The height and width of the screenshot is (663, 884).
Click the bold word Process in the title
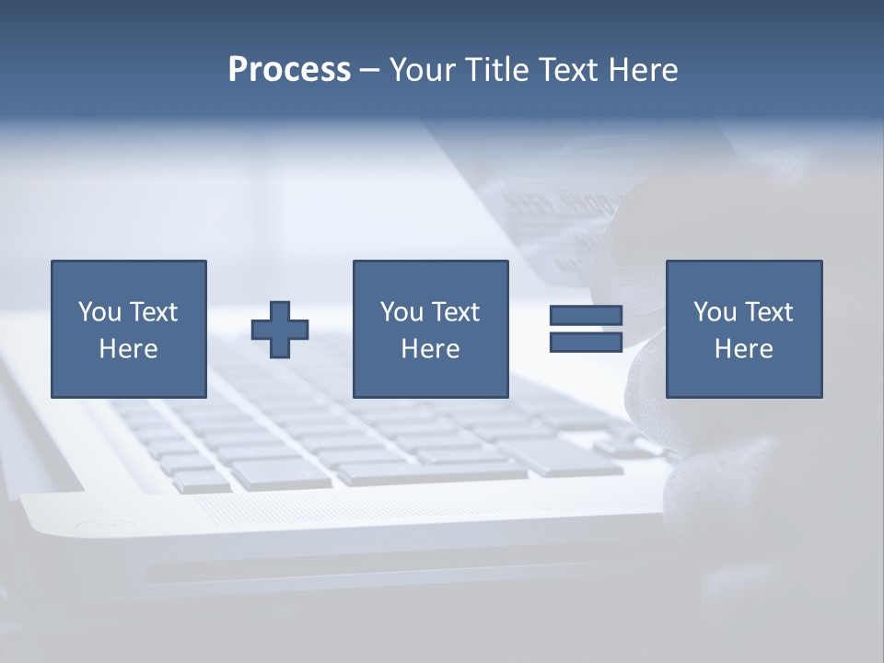tap(289, 69)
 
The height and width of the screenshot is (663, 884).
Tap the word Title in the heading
tap(496, 69)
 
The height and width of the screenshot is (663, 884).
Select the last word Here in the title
tap(644, 69)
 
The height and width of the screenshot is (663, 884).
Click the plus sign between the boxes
tap(280, 330)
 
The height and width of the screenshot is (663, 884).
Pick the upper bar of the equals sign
tap(586, 315)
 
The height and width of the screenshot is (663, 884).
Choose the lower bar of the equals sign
tap(586, 342)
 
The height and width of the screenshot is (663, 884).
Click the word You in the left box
tap(99, 312)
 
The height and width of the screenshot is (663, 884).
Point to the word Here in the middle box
tap(430, 349)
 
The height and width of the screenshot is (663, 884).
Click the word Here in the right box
tap(743, 349)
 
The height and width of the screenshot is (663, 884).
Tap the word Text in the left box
tap(154, 312)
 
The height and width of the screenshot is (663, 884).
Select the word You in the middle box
tap(401, 312)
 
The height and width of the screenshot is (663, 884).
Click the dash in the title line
tap(369, 69)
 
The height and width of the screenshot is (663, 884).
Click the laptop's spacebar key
tap(433, 471)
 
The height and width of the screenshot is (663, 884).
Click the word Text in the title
tap(567, 69)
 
